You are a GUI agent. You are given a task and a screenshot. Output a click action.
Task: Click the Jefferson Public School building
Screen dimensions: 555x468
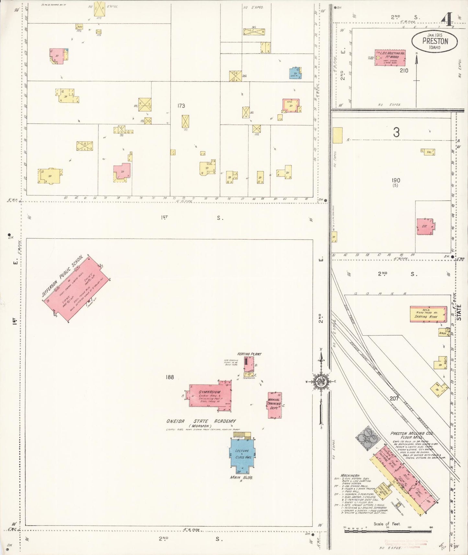(76, 288)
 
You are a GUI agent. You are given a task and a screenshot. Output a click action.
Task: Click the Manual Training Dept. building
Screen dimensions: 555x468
(274, 405)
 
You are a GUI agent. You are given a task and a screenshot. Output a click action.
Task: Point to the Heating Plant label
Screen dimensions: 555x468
(249, 354)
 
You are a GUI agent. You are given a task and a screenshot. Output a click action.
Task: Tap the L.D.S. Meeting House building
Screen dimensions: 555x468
(390, 58)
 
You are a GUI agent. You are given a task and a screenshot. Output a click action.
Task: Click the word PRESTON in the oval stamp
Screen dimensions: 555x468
(435, 41)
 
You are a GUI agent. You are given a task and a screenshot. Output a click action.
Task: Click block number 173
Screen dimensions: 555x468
(181, 106)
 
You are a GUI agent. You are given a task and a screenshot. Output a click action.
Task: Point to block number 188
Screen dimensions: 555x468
(170, 377)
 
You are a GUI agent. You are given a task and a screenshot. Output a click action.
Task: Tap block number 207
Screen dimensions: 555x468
(394, 399)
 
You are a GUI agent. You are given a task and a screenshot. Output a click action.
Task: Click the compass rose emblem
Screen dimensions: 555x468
(321, 382)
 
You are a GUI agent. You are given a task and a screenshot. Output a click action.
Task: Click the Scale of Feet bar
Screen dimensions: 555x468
(388, 531)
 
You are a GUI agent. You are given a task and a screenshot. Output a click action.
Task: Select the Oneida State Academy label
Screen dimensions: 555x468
(201, 421)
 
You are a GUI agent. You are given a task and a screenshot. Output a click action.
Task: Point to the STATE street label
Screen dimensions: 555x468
(459, 312)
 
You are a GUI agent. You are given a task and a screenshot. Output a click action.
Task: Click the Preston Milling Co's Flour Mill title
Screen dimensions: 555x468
(412, 435)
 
